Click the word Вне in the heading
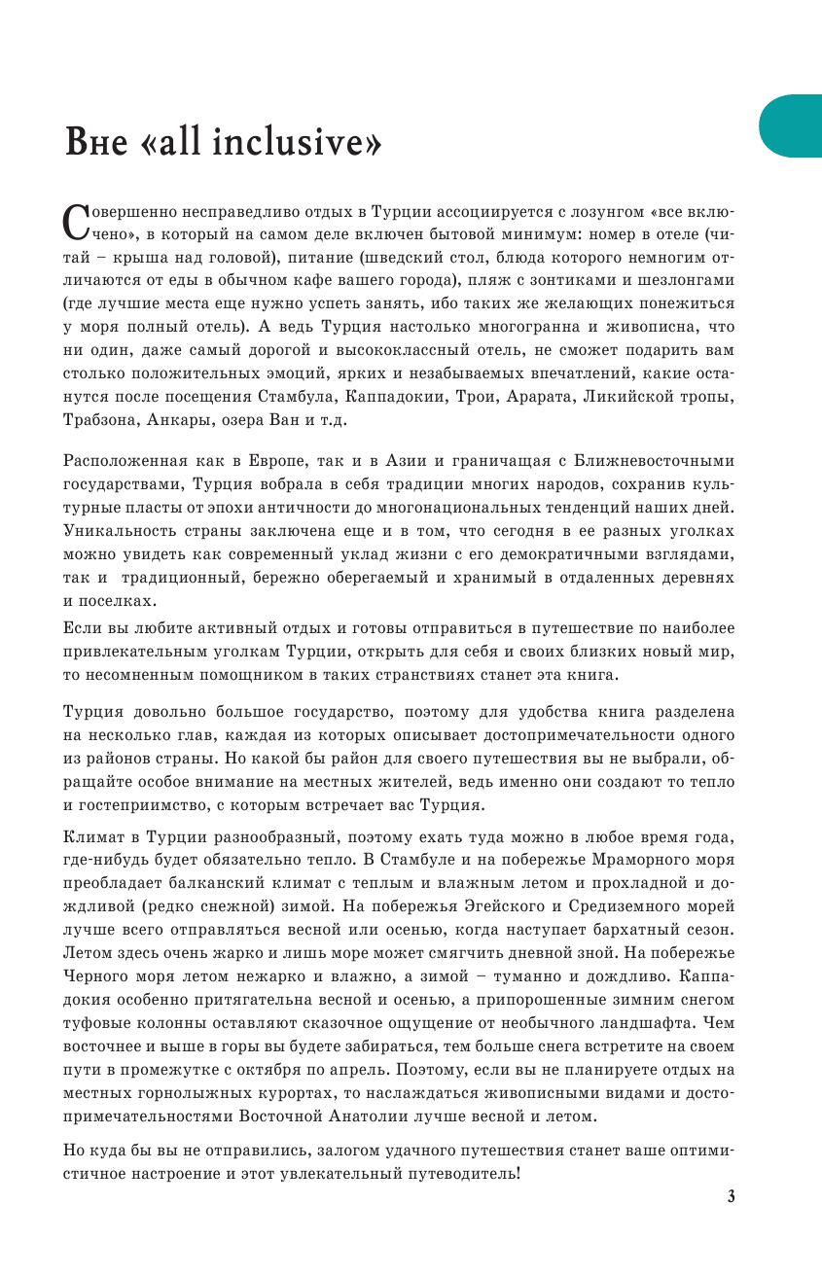[95, 143]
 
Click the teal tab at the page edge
[793, 125]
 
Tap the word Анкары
[188, 420]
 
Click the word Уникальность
[122, 531]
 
